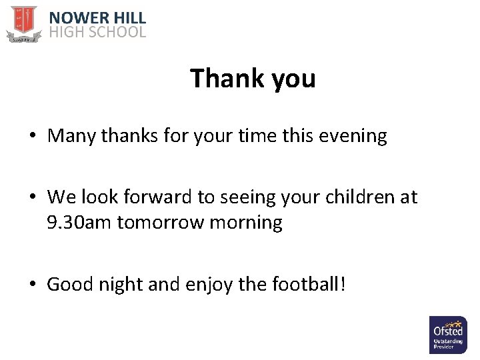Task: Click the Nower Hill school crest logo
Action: pos(23,23)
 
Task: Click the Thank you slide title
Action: pos(253,79)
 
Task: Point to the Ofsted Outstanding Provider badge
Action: pos(447,335)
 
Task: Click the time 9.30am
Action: pos(79,222)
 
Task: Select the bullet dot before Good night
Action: pos(33,285)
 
